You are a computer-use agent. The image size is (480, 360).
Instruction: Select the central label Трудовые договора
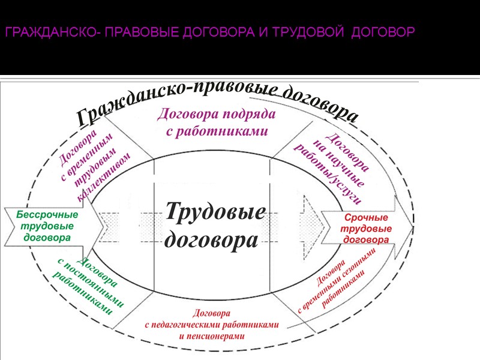click(x=215, y=225)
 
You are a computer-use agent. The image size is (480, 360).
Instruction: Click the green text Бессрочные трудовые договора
click(x=47, y=226)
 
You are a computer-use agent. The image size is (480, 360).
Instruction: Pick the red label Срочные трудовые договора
click(x=366, y=228)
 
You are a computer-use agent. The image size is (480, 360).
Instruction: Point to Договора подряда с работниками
click(x=217, y=122)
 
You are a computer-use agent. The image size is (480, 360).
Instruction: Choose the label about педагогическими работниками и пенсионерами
click(x=212, y=324)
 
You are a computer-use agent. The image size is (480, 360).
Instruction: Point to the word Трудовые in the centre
click(x=215, y=211)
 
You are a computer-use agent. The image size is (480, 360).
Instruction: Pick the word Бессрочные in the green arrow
click(x=47, y=214)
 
